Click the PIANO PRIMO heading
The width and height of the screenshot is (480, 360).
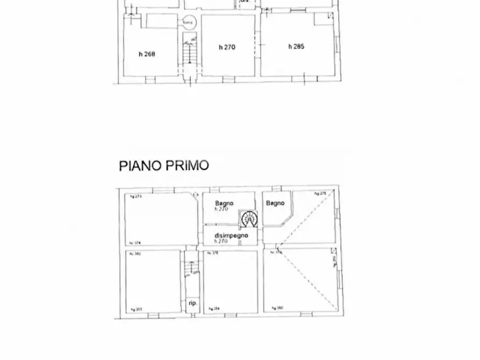164,165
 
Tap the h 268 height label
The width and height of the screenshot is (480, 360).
147,54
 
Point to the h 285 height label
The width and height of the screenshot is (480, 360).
296,47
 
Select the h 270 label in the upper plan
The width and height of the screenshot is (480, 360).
227,47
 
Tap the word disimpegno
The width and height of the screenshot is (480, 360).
231,235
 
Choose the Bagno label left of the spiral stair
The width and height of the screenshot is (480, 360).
224,203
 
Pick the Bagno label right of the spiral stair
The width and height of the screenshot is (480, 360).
275,203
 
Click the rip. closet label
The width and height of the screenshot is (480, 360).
192,303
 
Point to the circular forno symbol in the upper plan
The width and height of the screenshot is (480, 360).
188,22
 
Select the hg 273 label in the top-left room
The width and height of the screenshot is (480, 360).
135,197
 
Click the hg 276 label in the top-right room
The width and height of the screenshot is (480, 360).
320,193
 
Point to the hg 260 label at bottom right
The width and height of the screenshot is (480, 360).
277,308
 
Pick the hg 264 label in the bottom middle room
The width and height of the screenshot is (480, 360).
213,308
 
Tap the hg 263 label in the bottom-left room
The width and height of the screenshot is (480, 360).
136,309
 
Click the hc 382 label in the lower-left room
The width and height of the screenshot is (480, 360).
135,254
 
